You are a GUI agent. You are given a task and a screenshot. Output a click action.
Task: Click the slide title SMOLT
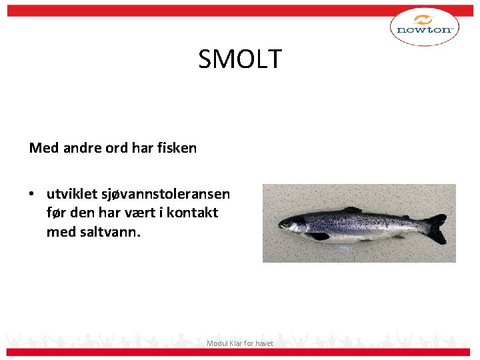click(x=240, y=59)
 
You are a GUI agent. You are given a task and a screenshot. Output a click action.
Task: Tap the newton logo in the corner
click(x=424, y=27)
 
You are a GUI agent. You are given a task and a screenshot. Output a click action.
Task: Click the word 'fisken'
click(x=177, y=148)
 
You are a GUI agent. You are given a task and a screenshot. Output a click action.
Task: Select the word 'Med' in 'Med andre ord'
click(x=44, y=148)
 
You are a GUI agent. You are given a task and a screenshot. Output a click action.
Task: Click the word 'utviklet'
click(x=71, y=194)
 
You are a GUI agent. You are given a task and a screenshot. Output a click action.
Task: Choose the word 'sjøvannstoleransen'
click(x=165, y=194)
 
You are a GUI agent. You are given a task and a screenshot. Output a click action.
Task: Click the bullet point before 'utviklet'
click(x=31, y=195)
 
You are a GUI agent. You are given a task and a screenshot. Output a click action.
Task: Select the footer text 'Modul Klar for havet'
click(x=240, y=343)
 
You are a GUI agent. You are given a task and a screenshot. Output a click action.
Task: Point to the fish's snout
click(x=279, y=226)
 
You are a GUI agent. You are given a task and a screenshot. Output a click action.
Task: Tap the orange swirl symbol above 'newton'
click(x=424, y=19)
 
